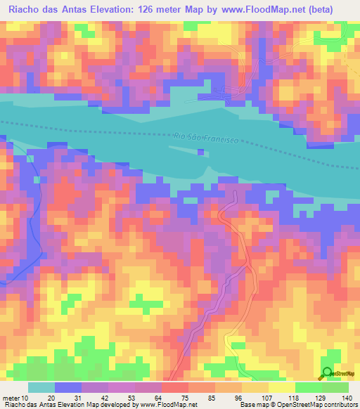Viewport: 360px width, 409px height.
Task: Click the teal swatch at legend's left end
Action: click(x=41, y=387)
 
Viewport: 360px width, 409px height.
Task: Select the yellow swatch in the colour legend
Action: click(x=281, y=387)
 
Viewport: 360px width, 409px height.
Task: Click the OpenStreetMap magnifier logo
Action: click(x=326, y=373)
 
